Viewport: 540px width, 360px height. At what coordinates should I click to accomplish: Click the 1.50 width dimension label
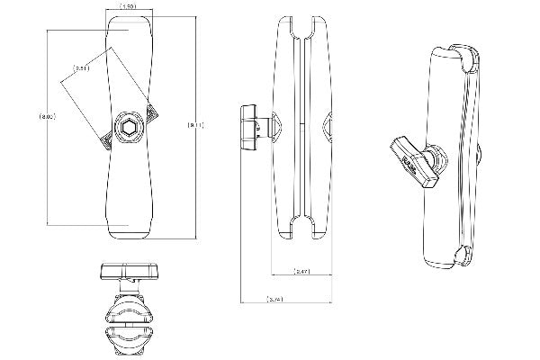click(129, 7)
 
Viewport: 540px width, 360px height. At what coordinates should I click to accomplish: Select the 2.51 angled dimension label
click(82, 67)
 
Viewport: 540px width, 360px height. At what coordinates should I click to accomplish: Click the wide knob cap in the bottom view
click(128, 271)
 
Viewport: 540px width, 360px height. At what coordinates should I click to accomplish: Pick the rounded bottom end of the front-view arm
click(129, 231)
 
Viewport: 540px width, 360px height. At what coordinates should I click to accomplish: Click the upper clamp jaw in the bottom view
click(129, 311)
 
